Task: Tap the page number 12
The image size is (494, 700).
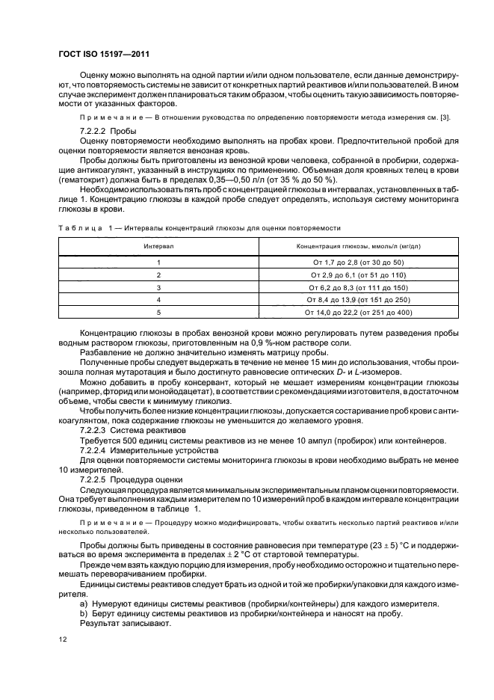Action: pyautogui.click(x=63, y=639)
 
